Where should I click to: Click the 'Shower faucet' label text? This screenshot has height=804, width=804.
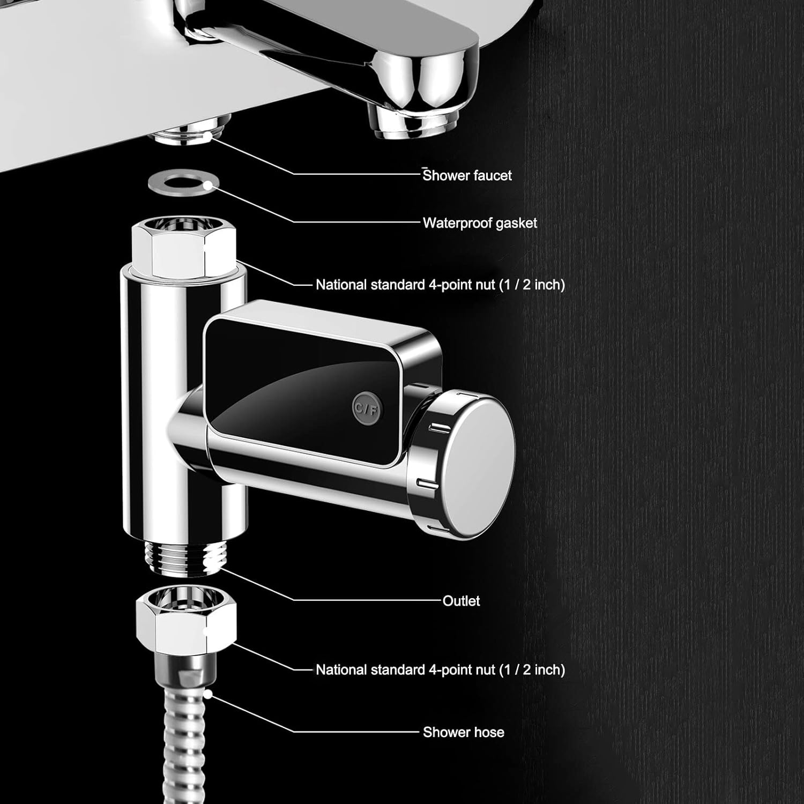(x=467, y=175)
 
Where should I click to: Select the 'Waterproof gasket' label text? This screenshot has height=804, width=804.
(x=480, y=223)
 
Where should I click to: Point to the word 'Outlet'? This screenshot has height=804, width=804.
(x=461, y=601)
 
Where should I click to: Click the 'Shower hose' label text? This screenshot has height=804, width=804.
(x=463, y=732)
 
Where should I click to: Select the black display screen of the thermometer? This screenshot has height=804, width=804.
(x=300, y=386)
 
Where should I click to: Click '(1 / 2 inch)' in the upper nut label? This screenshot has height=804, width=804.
(x=532, y=285)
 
